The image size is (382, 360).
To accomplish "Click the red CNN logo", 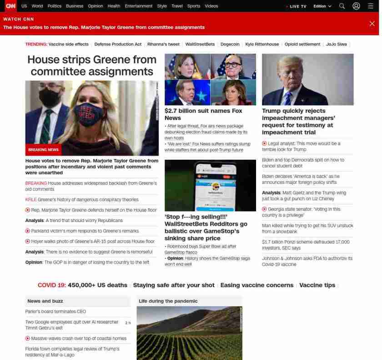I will point(10,6).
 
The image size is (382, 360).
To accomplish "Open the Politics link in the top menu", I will point(54,6).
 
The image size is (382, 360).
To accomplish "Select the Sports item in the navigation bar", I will point(194,6).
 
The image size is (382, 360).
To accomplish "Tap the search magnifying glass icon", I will point(342,6).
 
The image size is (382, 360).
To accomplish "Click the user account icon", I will point(357,6).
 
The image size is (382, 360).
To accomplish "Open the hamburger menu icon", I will point(371,6).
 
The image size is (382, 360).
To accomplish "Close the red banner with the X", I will point(372,24).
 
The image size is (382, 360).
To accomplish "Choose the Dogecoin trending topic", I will point(230,44).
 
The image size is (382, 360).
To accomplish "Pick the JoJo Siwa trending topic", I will point(336,44).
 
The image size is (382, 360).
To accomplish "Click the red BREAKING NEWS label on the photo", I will point(43,150).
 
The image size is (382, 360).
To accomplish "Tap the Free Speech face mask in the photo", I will point(86,113).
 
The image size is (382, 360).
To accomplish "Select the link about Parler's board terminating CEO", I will point(55,312).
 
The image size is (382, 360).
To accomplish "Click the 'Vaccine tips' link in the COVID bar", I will point(317,285).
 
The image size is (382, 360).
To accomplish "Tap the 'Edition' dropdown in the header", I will point(322,6).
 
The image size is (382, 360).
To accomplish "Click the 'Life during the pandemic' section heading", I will point(168,301).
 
